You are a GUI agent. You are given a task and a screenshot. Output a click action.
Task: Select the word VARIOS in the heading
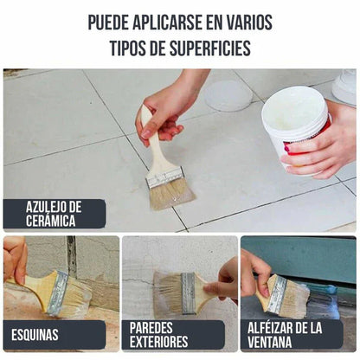pos(246,22)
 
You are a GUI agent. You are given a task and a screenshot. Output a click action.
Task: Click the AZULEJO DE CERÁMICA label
pos(54,214)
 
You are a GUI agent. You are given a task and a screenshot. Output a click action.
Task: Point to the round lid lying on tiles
pos(228,96)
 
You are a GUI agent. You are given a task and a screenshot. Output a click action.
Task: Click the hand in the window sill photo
pos(254,269)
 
